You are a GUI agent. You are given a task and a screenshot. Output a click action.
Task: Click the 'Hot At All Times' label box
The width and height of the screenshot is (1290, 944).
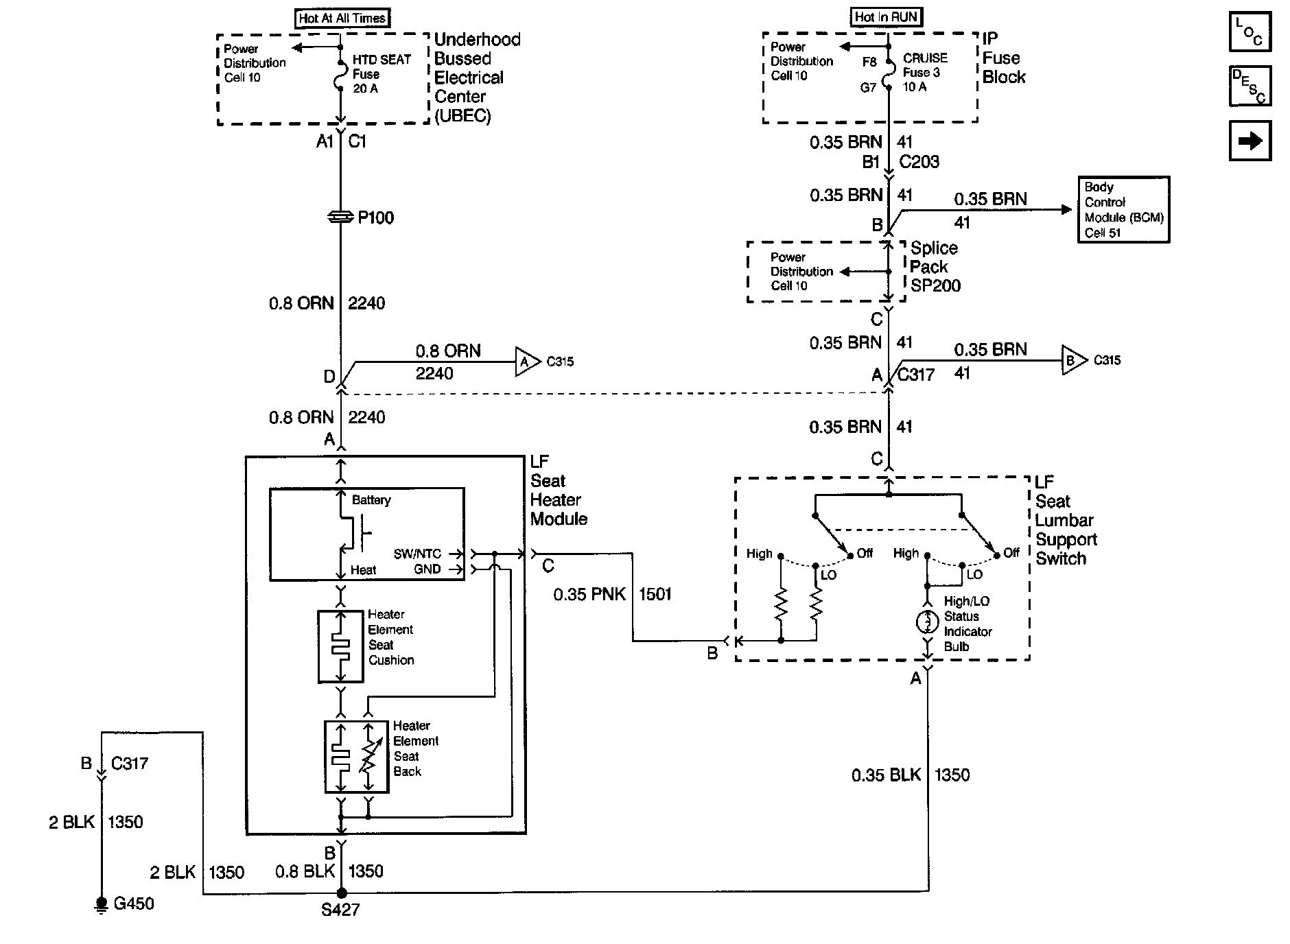tap(342, 19)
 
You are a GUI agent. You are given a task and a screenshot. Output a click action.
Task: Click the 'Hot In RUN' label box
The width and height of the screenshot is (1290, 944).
tap(886, 17)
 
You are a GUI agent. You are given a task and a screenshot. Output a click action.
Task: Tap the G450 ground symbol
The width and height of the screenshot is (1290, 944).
tap(102, 905)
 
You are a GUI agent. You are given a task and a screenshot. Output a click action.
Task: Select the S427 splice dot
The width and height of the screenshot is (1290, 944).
tap(341, 893)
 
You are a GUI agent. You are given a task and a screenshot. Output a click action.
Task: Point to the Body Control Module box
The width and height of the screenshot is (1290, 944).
tap(1123, 210)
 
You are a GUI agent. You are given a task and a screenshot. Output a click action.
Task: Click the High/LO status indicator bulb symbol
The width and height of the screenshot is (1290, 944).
tap(927, 622)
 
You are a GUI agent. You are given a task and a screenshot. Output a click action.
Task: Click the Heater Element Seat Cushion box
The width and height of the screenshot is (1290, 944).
tap(340, 646)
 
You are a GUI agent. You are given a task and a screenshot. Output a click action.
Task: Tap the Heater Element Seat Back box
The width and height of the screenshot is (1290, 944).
tap(356, 757)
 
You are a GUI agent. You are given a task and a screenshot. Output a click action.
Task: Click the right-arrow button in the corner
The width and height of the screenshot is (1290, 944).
tap(1250, 141)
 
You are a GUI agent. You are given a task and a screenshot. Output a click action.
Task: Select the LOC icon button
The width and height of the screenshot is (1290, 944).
tap(1250, 32)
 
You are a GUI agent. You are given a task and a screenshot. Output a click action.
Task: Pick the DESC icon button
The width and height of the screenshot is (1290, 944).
tap(1250, 86)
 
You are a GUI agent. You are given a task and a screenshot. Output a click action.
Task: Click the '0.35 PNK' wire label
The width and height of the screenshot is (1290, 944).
tap(589, 594)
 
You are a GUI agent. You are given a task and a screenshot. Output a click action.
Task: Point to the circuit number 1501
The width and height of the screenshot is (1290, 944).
tap(655, 594)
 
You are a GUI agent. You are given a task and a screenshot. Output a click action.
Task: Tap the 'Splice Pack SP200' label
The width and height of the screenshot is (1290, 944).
tap(935, 267)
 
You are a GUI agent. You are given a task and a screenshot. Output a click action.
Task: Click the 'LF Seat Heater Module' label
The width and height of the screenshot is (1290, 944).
tap(558, 491)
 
